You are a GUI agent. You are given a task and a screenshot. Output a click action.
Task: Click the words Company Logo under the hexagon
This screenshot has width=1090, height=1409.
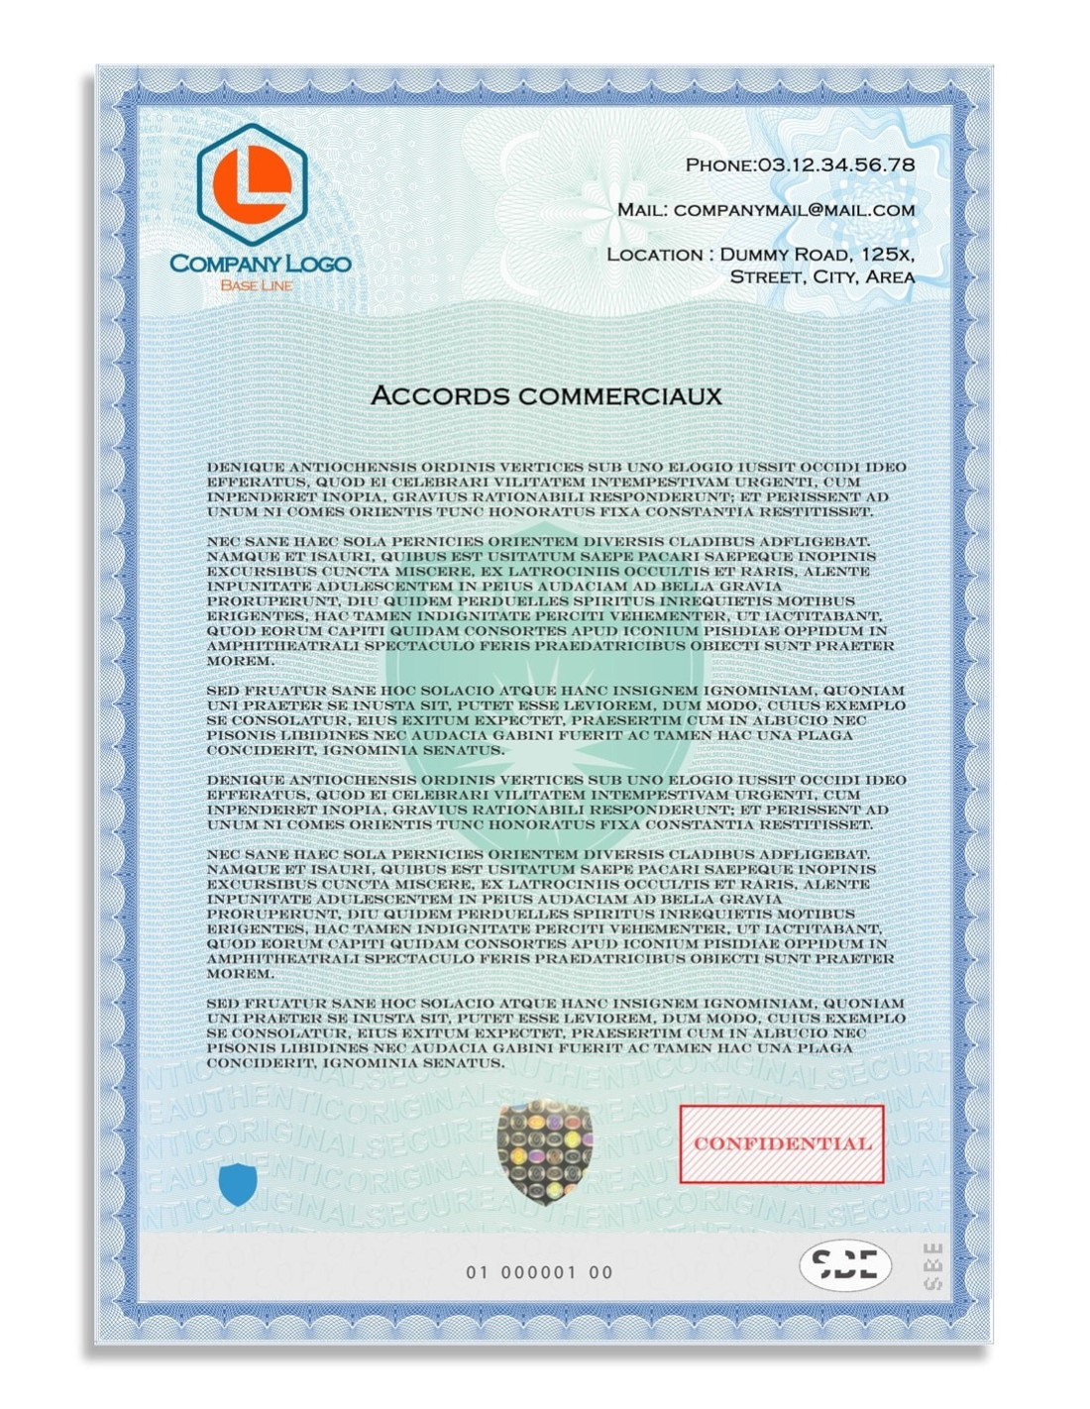coord(260,264)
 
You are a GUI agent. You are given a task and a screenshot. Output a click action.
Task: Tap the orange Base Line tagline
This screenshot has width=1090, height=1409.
coord(256,285)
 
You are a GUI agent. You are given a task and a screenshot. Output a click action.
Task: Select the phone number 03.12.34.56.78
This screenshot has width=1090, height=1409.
coord(836,164)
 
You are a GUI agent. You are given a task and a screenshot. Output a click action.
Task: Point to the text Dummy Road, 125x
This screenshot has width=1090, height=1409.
coord(817,255)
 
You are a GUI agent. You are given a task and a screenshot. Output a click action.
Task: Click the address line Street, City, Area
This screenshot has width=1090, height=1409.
coord(821,277)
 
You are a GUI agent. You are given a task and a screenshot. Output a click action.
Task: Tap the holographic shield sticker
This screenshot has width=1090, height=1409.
coord(544,1150)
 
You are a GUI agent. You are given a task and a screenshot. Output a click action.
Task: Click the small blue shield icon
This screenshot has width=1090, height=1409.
coord(238,1184)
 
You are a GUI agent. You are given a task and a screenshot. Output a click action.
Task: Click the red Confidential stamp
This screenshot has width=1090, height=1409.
coord(781,1143)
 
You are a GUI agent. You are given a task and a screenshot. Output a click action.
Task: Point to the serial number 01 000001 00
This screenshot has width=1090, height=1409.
coord(539,1272)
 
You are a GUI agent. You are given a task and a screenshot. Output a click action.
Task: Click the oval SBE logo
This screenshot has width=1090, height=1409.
coord(844,1264)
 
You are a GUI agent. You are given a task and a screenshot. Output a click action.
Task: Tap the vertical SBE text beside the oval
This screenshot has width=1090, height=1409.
coord(931,1264)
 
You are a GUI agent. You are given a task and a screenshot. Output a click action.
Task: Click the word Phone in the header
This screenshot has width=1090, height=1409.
coord(719,165)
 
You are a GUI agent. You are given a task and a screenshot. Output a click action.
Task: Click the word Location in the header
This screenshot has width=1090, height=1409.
coord(654,255)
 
